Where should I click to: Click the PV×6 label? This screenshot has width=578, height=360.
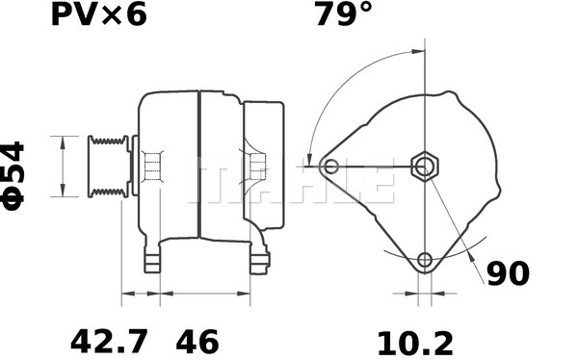99,15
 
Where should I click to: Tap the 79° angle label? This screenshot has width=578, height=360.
344,14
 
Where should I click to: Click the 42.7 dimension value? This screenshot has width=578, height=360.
109,343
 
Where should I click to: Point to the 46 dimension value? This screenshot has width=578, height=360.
197,343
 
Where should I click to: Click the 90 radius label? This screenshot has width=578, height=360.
508,273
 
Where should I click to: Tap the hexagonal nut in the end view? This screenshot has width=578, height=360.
426,167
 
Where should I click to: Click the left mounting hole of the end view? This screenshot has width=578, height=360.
330,167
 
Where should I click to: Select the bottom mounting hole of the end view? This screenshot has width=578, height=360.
425,260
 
